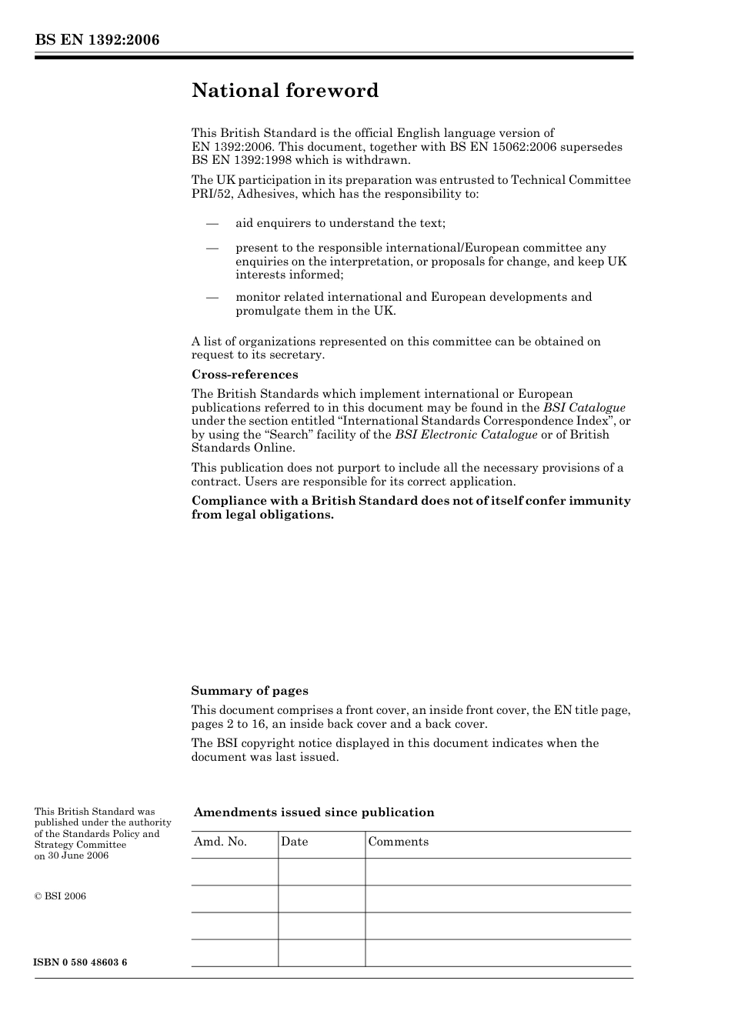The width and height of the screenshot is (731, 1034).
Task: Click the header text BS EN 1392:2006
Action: pyautogui.click(x=97, y=40)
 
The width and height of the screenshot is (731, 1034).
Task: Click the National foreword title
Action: pyautogui.click(x=285, y=91)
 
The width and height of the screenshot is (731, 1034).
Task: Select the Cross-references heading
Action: pyautogui.click(x=245, y=375)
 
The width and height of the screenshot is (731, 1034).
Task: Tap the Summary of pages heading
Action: pyautogui.click(x=249, y=691)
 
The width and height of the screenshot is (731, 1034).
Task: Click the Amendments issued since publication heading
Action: pyautogui.click(x=314, y=812)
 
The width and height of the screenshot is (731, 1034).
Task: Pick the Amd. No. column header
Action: pyautogui.click(x=220, y=842)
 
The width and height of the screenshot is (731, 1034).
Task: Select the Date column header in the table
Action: pyautogui.click(x=294, y=842)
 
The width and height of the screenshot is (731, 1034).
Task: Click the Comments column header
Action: pyautogui.click(x=398, y=842)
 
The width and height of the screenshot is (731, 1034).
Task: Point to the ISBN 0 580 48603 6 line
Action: pyautogui.click(x=81, y=963)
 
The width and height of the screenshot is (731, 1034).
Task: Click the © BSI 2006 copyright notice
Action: pyautogui.click(x=60, y=896)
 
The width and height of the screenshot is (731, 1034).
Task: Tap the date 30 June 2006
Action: pyautogui.click(x=78, y=856)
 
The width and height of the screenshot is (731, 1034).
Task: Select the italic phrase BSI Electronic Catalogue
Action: pyautogui.click(x=466, y=435)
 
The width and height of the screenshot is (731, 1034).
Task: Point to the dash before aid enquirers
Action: pyautogui.click(x=212, y=223)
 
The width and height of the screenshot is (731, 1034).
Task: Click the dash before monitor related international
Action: pyautogui.click(x=212, y=297)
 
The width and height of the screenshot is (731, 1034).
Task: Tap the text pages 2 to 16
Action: pyautogui.click(x=228, y=724)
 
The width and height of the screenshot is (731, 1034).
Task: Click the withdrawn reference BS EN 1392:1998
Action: pyautogui.click(x=239, y=160)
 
